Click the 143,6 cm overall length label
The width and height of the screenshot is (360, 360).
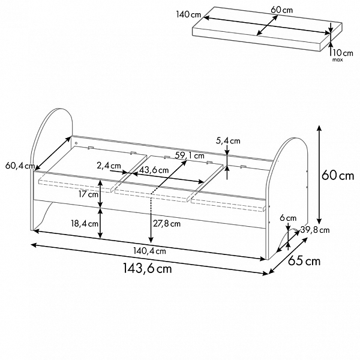[148, 268]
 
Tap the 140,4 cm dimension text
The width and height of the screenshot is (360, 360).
[149, 251]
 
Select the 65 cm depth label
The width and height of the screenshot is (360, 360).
[304, 260]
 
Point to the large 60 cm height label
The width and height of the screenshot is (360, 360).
[338, 176]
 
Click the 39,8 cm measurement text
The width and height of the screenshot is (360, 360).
[315, 230]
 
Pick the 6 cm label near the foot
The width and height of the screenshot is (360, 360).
[288, 218]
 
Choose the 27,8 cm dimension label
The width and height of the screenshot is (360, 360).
[167, 224]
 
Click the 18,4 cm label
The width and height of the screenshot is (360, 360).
[85, 223]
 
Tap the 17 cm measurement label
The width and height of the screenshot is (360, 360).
[88, 194]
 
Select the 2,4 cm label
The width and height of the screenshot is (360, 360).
[109, 166]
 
